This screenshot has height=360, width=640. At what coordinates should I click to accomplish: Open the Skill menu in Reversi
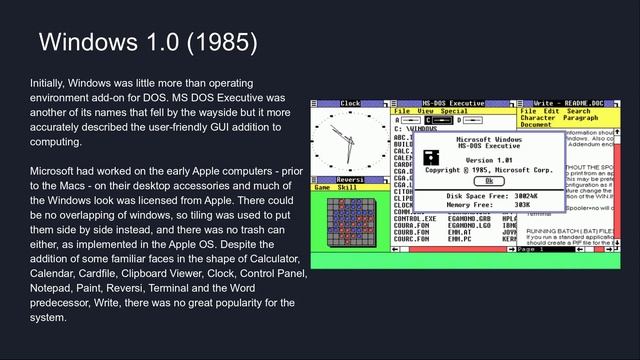click(347, 187)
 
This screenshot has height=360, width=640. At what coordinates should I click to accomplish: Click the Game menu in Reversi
click(323, 187)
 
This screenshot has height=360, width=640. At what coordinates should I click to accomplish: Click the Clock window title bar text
click(350, 103)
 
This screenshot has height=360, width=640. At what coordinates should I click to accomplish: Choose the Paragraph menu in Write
click(580, 117)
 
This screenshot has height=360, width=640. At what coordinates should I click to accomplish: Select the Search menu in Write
click(578, 110)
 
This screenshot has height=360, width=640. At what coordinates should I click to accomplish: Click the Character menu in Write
click(538, 117)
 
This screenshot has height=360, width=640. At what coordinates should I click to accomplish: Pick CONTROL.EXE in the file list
click(415, 218)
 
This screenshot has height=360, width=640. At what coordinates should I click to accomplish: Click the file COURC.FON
click(413, 239)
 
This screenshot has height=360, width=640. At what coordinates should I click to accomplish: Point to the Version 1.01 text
click(489, 160)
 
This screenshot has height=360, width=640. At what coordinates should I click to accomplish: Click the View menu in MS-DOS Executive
click(426, 110)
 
